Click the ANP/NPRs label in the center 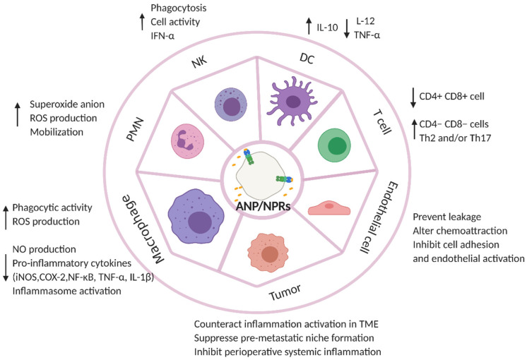coord(263,208)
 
